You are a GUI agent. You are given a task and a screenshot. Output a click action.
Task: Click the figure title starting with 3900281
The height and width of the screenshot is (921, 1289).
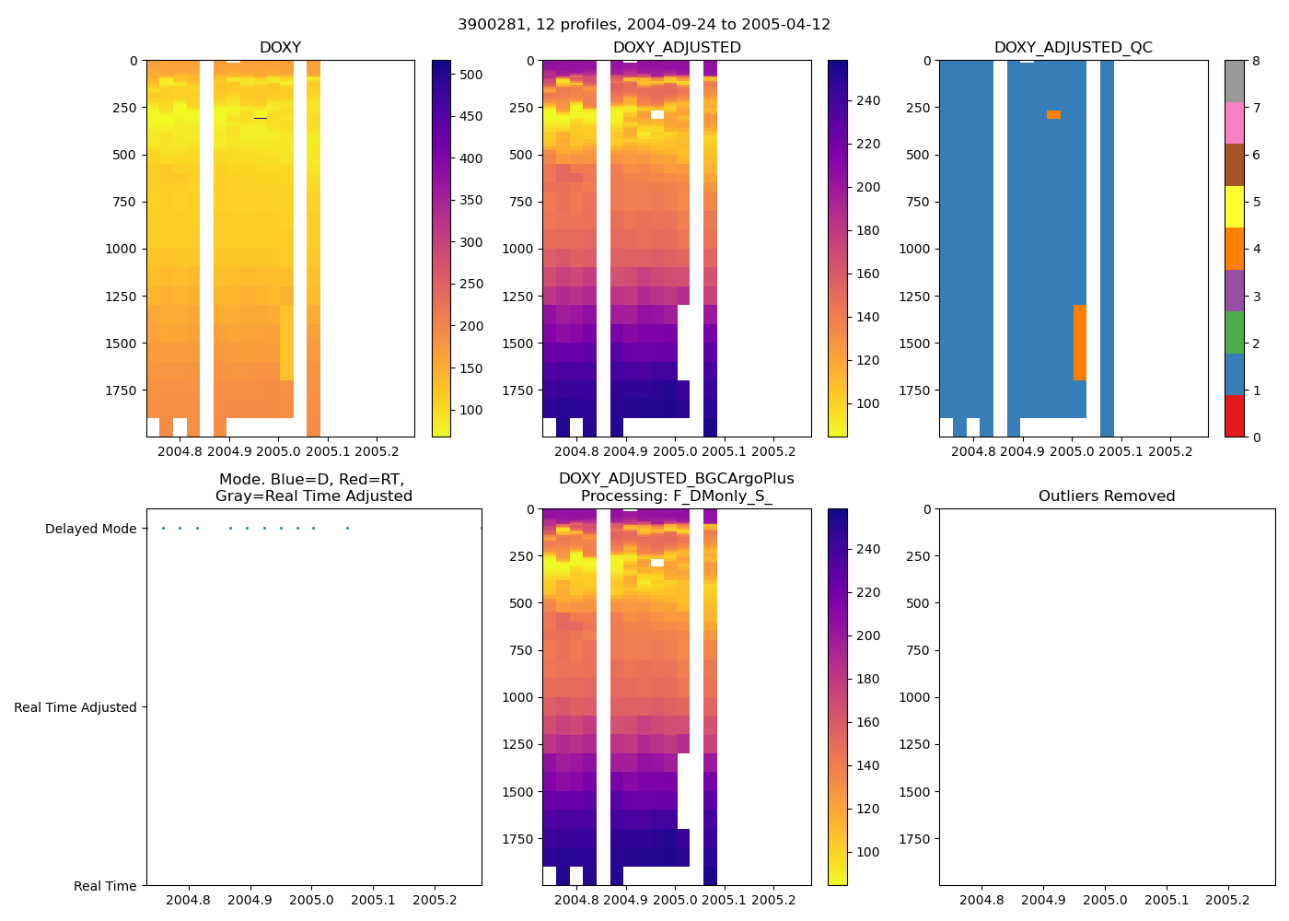644,25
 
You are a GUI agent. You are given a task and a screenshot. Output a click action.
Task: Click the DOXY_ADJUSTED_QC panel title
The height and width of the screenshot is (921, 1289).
1073,48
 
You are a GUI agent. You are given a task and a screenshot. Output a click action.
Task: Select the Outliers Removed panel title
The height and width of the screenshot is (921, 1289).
1107,496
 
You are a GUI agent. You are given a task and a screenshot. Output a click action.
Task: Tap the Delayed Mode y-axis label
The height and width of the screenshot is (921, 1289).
90,529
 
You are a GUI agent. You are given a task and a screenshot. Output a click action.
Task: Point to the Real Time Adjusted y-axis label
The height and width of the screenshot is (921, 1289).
75,707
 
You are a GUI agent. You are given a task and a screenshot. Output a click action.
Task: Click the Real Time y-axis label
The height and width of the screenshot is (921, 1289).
105,886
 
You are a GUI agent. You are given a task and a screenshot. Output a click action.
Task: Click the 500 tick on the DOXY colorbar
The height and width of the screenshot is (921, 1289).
471,75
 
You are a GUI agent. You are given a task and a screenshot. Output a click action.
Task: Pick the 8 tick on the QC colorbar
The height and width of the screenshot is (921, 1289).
1256,61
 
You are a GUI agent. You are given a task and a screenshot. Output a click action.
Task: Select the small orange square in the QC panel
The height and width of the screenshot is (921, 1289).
1053,115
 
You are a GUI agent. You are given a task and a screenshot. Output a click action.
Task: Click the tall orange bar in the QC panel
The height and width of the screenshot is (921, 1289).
1080,343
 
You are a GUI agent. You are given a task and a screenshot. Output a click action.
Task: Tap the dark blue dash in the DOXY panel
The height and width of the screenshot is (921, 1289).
261,119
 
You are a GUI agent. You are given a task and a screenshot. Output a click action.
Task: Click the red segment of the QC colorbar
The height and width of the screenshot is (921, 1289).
1235,416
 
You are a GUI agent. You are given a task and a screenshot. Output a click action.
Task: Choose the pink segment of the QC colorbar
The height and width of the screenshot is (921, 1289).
1235,123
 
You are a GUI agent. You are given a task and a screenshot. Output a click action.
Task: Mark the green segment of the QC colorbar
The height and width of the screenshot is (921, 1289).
1235,332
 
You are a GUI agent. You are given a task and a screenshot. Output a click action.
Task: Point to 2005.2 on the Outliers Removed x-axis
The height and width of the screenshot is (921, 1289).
1227,900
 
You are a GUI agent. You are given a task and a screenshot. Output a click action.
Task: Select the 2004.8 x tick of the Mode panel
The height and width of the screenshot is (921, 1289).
189,900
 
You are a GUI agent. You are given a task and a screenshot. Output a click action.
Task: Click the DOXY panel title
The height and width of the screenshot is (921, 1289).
280,48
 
